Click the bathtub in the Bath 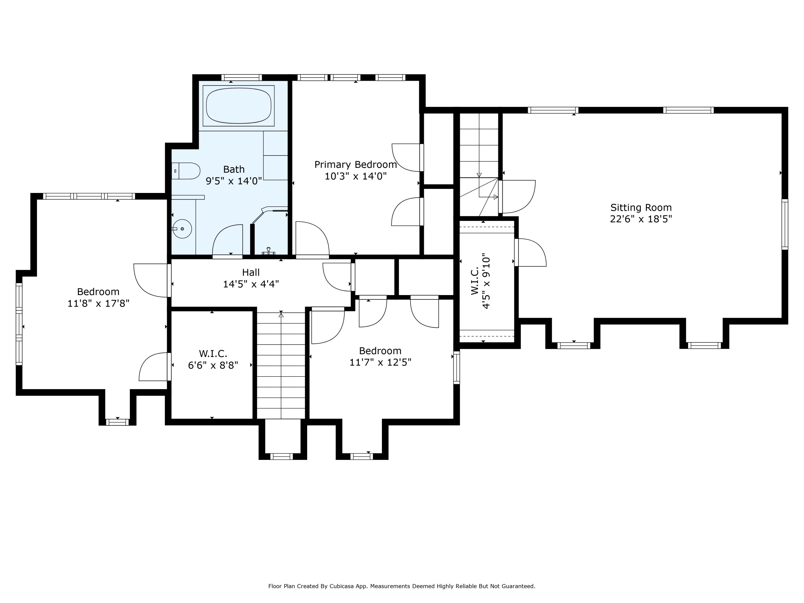(x=239, y=106)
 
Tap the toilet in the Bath (x=186, y=171)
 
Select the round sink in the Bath (x=182, y=229)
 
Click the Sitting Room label (x=641, y=207)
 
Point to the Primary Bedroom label (x=355, y=165)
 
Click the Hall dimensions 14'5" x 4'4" (x=251, y=284)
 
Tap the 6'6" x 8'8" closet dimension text (x=213, y=365)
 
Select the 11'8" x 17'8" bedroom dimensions (x=99, y=303)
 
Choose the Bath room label (x=234, y=169)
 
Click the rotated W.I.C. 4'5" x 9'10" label (x=481, y=283)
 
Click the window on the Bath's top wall (x=241, y=77)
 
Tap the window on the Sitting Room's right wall (x=785, y=224)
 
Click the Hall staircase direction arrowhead (x=281, y=315)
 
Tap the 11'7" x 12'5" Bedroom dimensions (x=380, y=362)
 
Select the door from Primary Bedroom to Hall (x=312, y=240)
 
